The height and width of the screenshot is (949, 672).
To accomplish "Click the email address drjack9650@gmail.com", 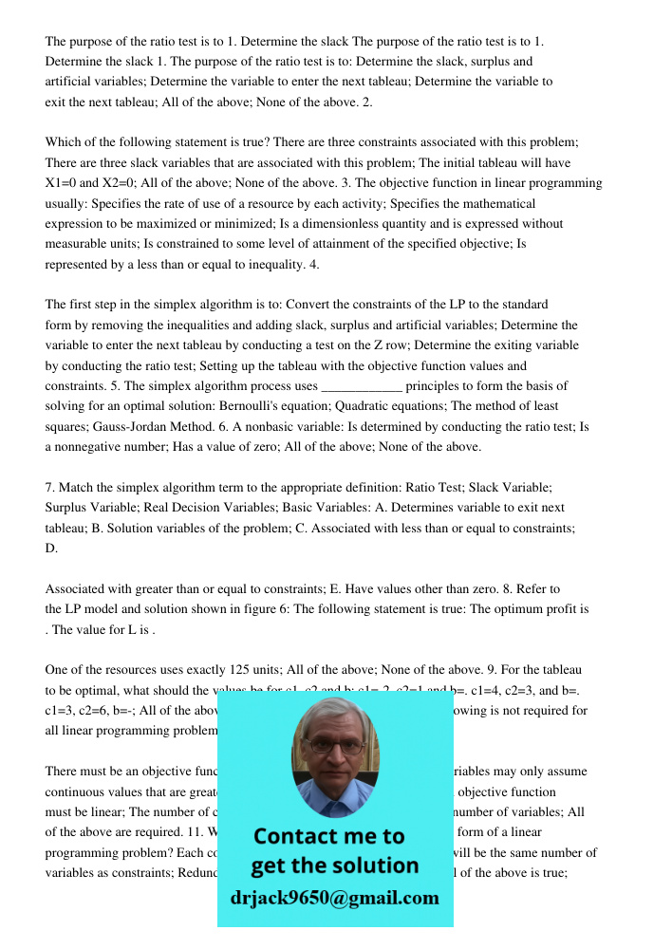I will point(334,898).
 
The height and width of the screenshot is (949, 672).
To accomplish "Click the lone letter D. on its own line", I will point(52,548).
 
